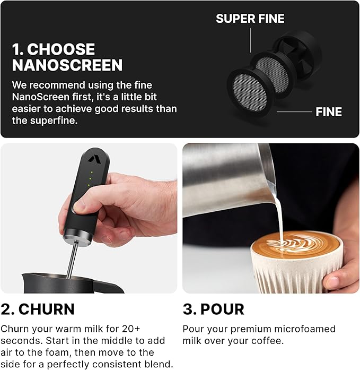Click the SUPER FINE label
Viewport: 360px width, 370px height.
(x=250, y=19)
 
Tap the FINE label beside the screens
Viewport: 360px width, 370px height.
(x=329, y=112)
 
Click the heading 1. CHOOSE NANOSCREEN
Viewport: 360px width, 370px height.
(x=67, y=57)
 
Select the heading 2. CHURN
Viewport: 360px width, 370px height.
(x=38, y=309)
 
